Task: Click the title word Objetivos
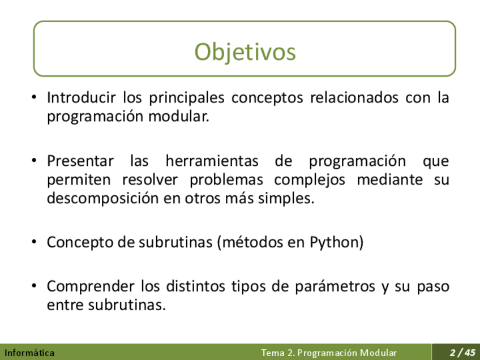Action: [245, 52]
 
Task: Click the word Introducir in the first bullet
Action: [82, 98]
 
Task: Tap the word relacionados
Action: [354, 98]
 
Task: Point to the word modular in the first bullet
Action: [178, 117]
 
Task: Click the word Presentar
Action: [80, 161]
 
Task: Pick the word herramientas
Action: [212, 161]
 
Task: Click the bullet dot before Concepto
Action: [34, 242]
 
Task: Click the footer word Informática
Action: [29, 353]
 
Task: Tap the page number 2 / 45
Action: [462, 352]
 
